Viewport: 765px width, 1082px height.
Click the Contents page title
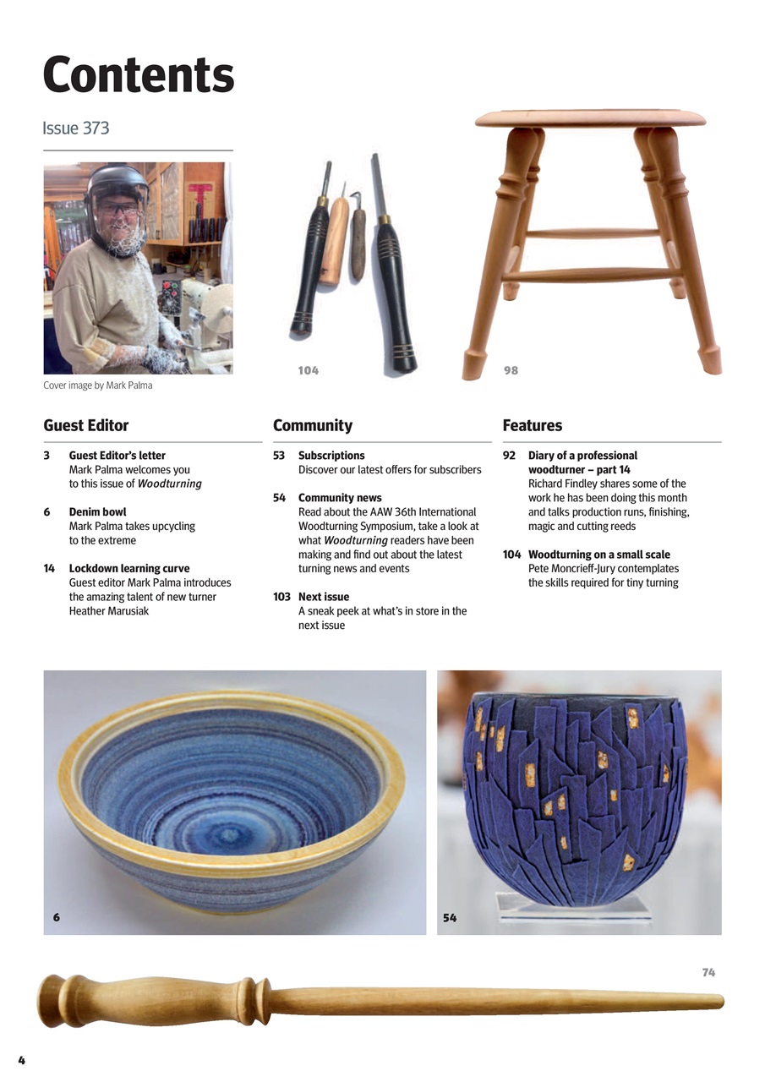[x=138, y=75]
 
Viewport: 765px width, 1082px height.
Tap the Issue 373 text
[x=76, y=128]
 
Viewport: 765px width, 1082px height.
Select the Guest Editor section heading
[x=86, y=425]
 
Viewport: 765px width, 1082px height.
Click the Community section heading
[x=313, y=425]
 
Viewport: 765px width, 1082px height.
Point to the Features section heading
[x=533, y=425]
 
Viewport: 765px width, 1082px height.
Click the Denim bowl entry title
[x=97, y=512]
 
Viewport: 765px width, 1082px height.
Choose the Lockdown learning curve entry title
[x=129, y=569]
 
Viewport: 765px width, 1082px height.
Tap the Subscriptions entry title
[x=331, y=456]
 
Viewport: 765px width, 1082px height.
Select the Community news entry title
[x=340, y=498]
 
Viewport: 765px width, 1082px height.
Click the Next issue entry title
[x=324, y=597]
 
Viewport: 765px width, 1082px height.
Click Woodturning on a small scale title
[x=599, y=555]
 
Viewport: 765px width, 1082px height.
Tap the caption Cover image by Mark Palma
[x=98, y=386]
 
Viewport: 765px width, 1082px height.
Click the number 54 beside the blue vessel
[x=450, y=917]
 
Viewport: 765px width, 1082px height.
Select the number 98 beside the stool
[x=511, y=370]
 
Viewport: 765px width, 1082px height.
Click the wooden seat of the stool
[x=590, y=117]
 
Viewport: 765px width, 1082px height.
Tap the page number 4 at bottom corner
[x=22, y=1060]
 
